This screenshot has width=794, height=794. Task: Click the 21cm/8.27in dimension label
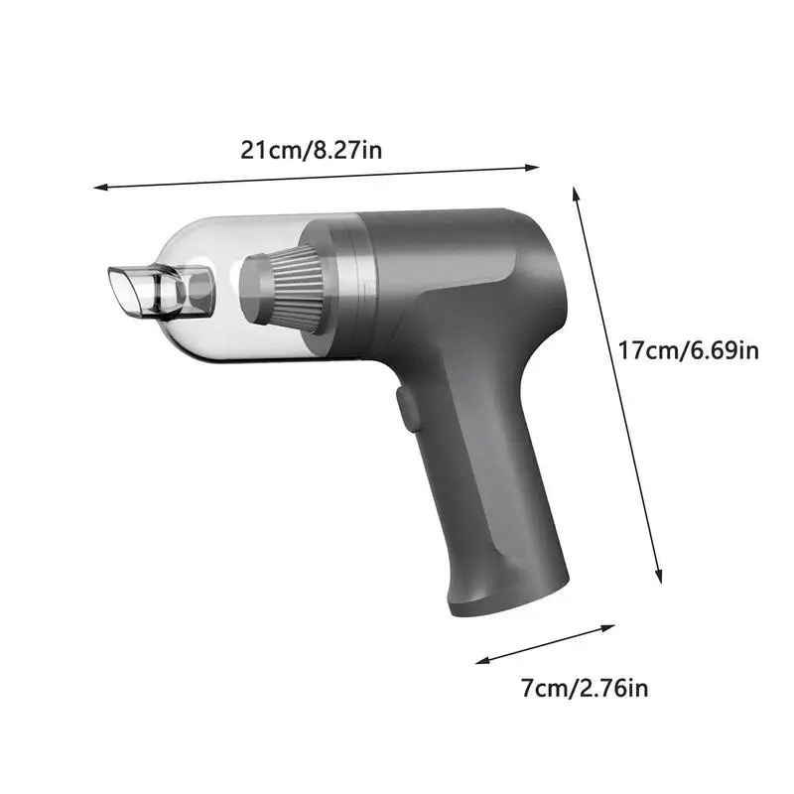(x=312, y=151)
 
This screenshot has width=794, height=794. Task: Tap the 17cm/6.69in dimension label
(x=688, y=350)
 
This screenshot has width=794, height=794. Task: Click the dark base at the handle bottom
(x=506, y=595)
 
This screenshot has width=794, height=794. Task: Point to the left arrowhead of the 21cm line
(x=97, y=186)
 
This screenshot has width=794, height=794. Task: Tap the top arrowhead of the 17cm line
(x=576, y=189)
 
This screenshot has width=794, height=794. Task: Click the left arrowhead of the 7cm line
(x=479, y=660)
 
